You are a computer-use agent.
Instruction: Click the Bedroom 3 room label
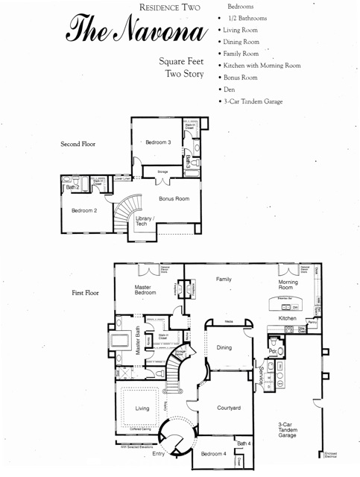point(158,142)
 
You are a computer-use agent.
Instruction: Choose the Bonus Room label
point(174,199)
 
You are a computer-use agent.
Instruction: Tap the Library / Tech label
point(144,221)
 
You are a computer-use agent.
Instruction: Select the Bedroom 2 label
point(84,211)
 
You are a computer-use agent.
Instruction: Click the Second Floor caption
point(78,143)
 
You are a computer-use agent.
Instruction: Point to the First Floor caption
point(85,294)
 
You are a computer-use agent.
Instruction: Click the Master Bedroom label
point(145,290)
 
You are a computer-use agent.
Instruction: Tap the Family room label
point(224,279)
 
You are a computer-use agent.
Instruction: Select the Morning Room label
point(288,285)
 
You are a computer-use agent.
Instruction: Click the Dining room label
point(224,347)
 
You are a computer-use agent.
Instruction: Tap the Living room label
point(142,408)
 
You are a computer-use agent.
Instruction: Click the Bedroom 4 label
point(213,454)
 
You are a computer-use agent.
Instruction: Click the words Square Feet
point(182,61)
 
